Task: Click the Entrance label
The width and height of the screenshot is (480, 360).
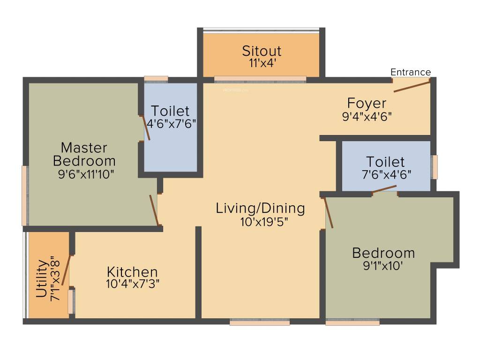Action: coord(411,72)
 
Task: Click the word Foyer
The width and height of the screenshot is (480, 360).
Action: coord(367,103)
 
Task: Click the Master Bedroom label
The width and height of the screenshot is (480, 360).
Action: coord(84,154)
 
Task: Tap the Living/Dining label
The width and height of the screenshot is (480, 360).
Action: coord(261,208)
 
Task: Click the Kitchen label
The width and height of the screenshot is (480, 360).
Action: coord(132,272)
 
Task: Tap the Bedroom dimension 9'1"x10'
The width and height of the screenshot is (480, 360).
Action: coord(383,265)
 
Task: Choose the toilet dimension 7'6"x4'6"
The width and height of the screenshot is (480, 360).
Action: coord(385,174)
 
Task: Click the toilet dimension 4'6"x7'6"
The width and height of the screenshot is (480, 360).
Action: coord(171,123)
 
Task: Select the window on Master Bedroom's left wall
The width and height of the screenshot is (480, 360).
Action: coord(25,195)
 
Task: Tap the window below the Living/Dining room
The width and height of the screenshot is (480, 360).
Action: coord(260,322)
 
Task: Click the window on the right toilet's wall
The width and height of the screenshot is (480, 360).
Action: coord(435,167)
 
